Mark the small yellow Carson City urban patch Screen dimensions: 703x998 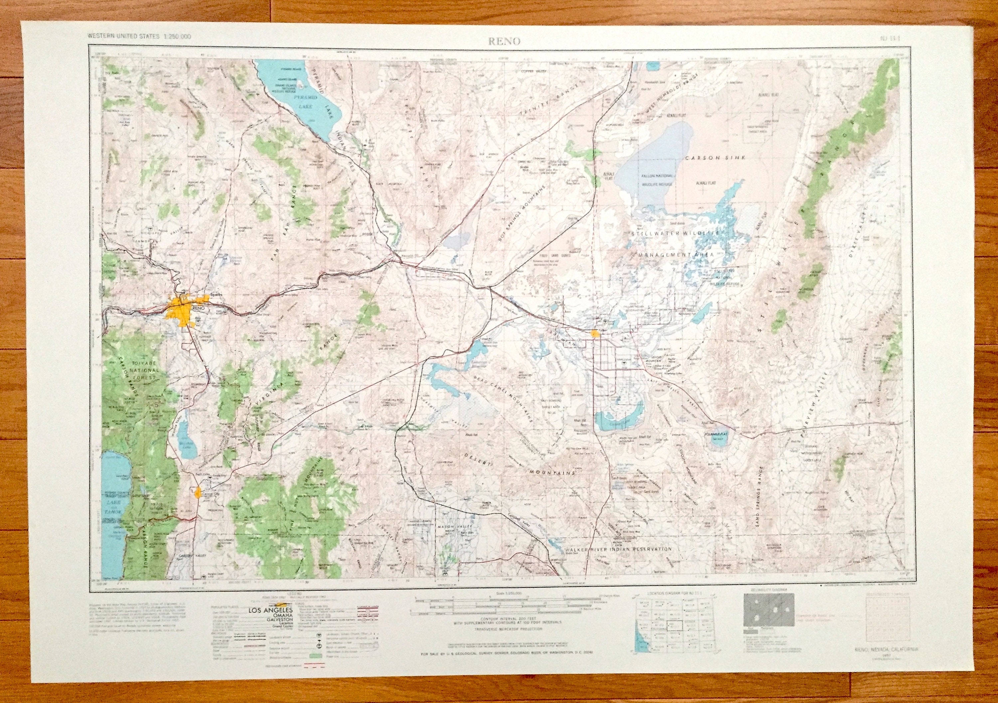coord(199,493)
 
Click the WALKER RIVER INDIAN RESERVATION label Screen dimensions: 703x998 coord(618,549)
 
